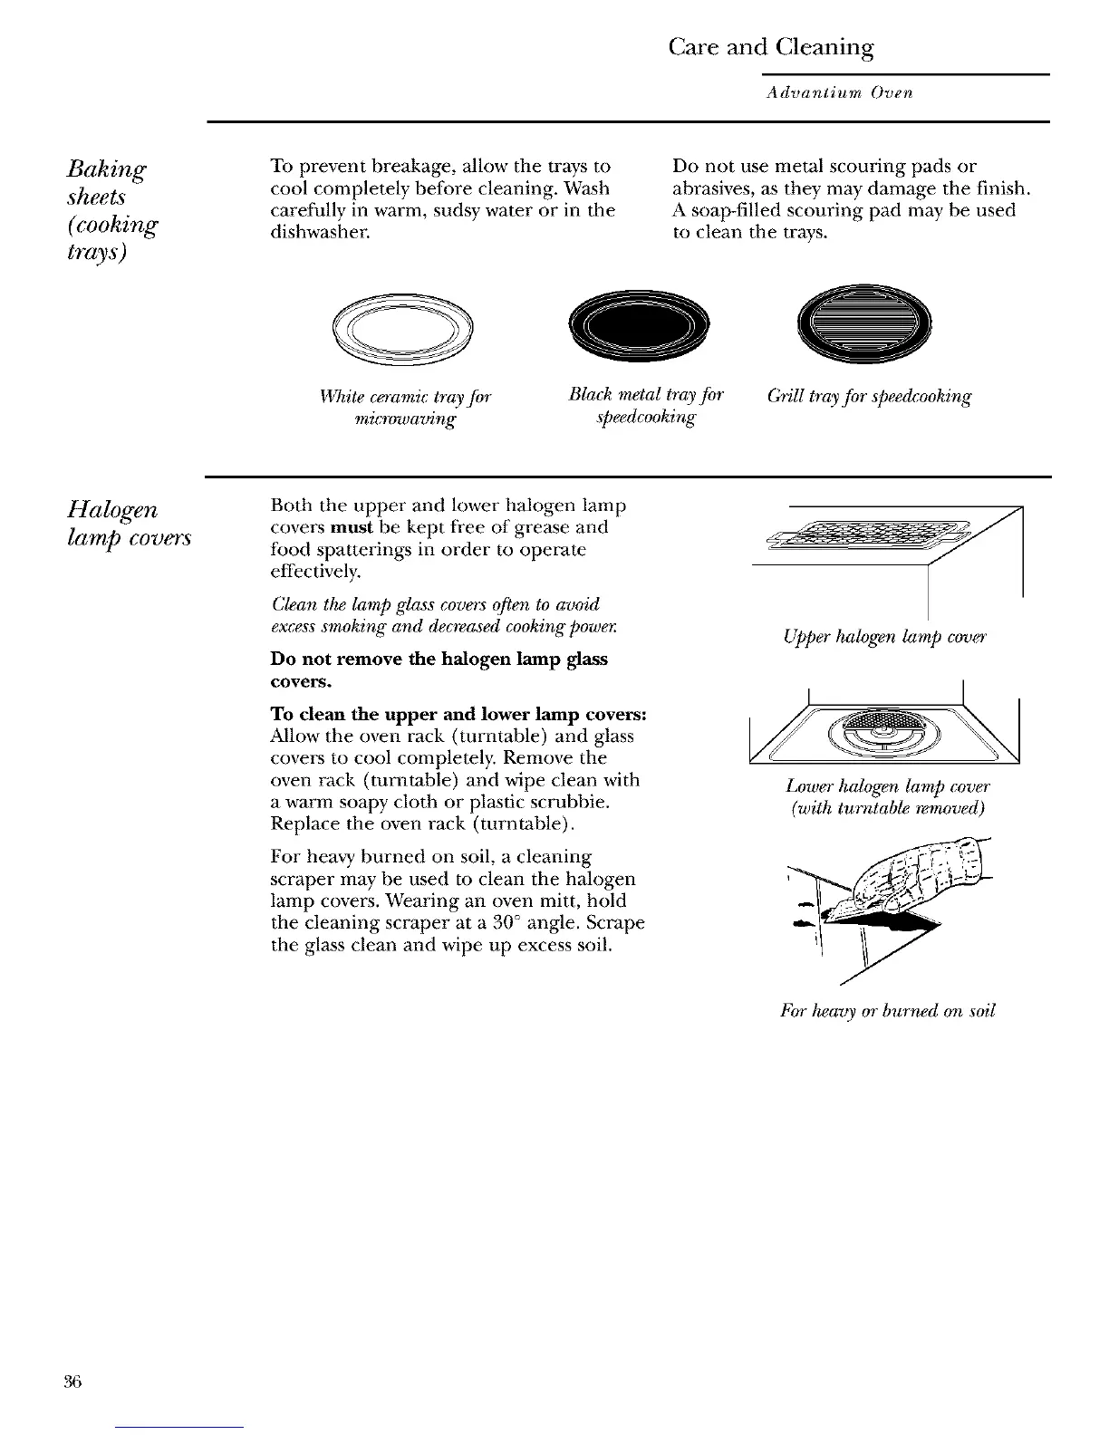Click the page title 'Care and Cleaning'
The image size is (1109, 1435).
[x=770, y=47]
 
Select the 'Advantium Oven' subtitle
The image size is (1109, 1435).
[x=838, y=92]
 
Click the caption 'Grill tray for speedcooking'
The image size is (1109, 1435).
[x=869, y=397]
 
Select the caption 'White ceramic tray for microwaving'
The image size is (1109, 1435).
[x=405, y=408]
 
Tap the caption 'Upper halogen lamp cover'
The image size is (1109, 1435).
[x=884, y=637]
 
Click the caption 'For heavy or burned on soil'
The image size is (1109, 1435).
[x=887, y=1011]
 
